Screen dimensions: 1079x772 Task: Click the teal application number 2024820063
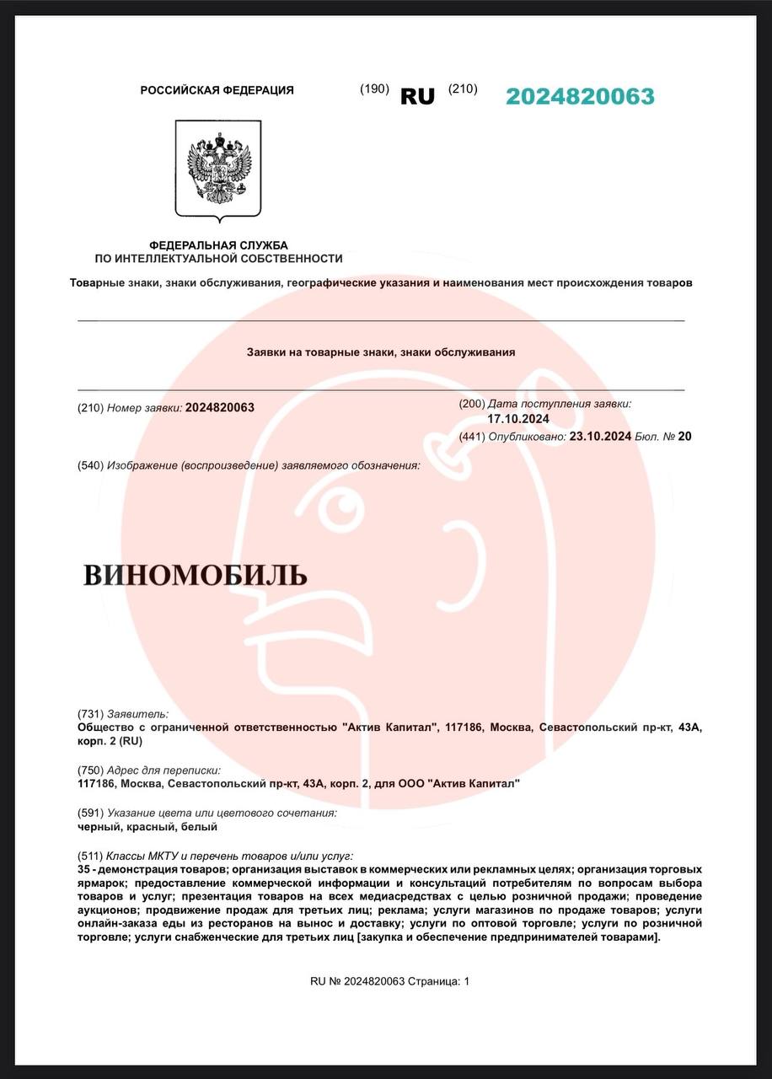(580, 97)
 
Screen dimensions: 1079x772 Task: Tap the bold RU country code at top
(417, 97)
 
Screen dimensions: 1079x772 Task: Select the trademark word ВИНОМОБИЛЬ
(195, 576)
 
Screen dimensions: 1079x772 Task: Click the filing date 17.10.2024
(518, 419)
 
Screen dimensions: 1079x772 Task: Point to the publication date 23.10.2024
(601, 437)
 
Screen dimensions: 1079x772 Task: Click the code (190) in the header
(374, 89)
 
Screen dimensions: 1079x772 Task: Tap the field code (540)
(90, 465)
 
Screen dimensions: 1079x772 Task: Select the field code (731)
(90, 714)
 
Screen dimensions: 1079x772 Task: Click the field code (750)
(90, 770)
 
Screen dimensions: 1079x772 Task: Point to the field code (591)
(90, 813)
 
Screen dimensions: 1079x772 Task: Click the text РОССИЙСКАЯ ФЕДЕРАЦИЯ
(217, 90)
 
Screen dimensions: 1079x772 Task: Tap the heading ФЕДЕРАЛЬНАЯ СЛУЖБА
(218, 245)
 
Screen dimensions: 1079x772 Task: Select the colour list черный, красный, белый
(136, 827)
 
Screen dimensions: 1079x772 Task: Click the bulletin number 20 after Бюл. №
(684, 437)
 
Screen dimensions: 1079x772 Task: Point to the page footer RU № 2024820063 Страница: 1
(389, 981)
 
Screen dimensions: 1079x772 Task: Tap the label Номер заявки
(144, 408)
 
